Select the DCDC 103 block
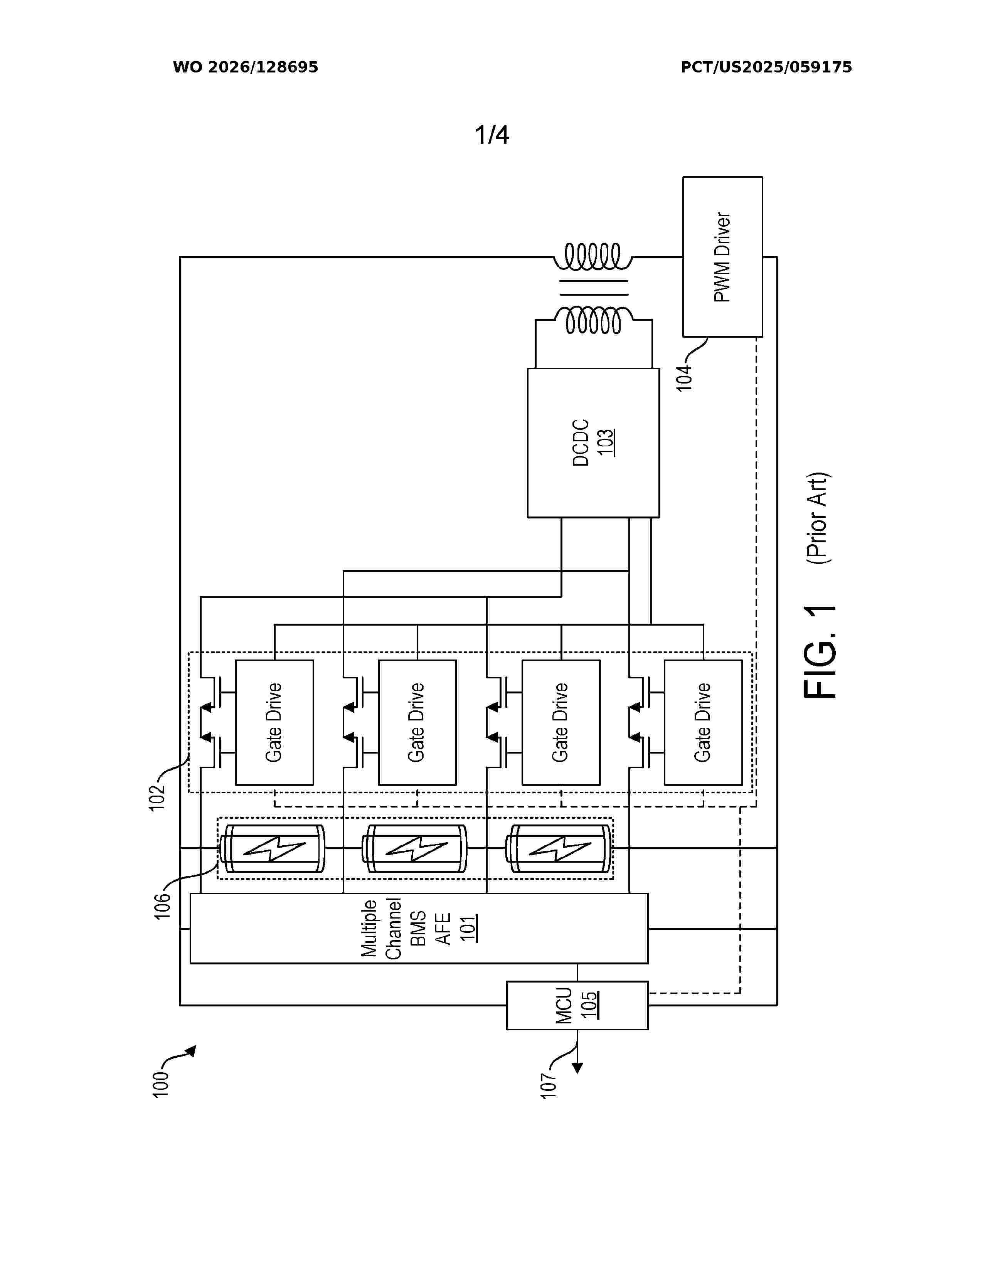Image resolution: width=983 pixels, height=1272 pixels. pyautogui.click(x=593, y=443)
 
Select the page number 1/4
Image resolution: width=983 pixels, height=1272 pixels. pyautogui.click(x=492, y=135)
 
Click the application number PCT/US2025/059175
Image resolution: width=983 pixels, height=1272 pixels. pyautogui.click(x=766, y=67)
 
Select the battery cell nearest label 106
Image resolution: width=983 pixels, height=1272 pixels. pyautogui.click(x=272, y=849)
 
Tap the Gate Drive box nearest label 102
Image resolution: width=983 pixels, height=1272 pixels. pyautogui.click(x=274, y=722)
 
